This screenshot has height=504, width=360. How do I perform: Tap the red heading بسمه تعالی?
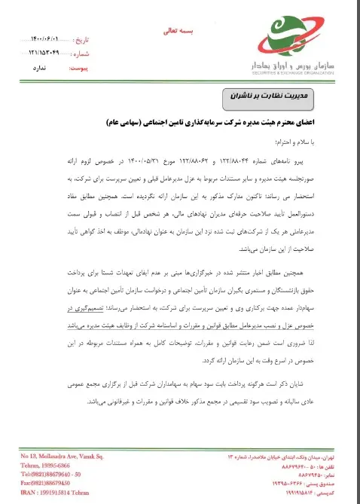click(178, 33)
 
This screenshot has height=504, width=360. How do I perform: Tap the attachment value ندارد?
click(41, 69)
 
